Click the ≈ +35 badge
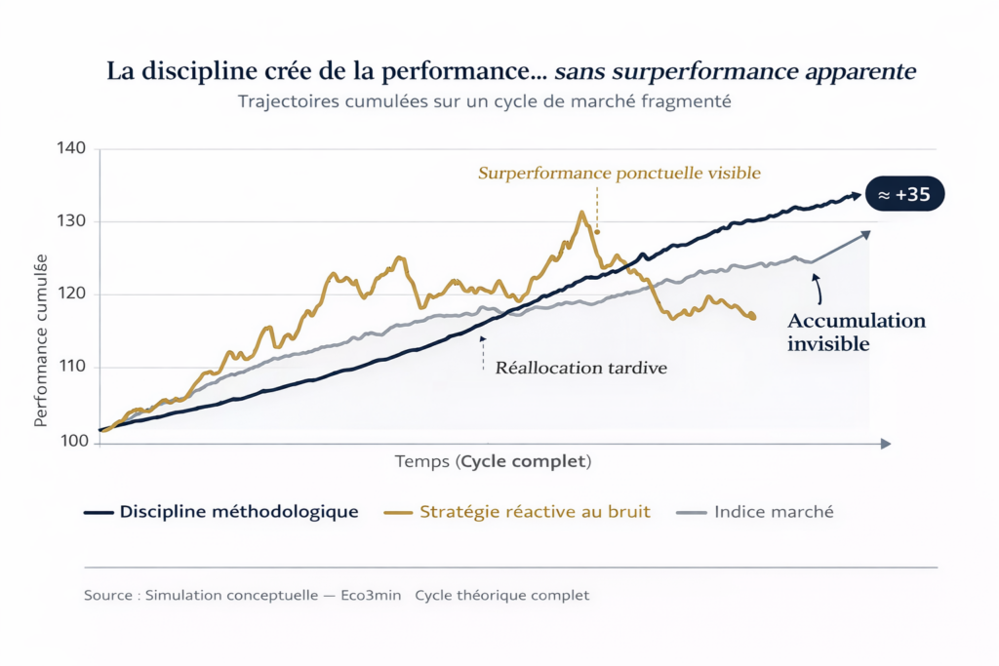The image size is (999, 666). tap(904, 195)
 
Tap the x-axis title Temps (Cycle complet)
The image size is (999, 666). tap(493, 460)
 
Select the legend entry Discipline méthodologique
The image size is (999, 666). tap(238, 512)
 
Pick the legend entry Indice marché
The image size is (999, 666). tap(773, 512)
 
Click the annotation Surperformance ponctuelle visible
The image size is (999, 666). tap(619, 174)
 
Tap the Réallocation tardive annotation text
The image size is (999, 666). tap(581, 369)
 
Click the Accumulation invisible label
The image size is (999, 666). tap(856, 333)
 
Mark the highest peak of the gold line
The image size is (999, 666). tap(582, 212)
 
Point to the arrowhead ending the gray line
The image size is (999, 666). tap(866, 233)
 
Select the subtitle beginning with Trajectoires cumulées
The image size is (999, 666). tap(484, 101)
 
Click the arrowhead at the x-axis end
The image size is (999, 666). tap(886, 443)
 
